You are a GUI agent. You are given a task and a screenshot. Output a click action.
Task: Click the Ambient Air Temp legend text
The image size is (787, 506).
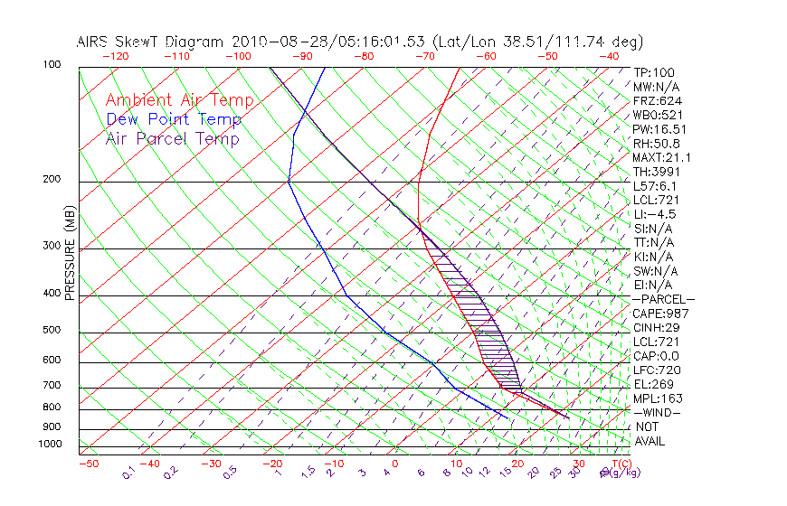coord(179,100)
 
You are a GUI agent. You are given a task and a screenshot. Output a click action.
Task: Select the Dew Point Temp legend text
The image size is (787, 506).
coord(174,120)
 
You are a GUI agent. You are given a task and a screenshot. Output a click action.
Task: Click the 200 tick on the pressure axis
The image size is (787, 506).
coord(52,179)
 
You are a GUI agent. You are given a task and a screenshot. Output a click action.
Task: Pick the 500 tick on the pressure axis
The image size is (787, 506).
coord(52,331)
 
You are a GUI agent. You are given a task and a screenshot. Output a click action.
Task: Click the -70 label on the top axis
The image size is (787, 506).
coord(423,56)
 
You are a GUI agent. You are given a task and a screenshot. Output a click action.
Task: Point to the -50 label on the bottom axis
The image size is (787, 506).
coord(88,464)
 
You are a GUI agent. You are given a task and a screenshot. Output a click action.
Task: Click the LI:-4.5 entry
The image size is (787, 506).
coord(653,214)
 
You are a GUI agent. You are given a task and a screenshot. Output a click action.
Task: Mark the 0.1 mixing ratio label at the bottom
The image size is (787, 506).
coord(128,473)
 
